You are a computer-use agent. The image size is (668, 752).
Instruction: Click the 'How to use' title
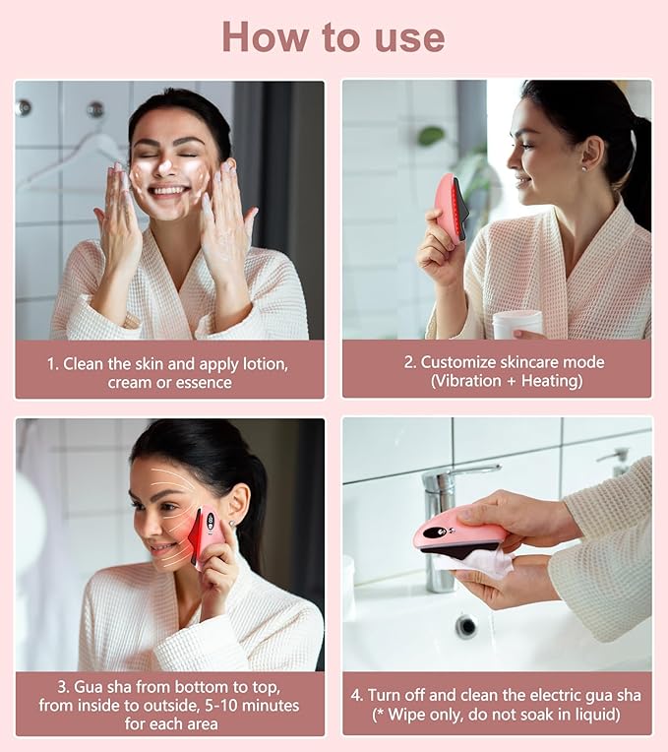333,37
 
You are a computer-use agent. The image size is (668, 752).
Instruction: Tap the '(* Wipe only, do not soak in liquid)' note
496,715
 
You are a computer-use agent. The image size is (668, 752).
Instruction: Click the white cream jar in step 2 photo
517,324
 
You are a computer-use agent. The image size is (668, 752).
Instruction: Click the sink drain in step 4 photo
466,625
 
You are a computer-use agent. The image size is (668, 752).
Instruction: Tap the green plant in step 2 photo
433,138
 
